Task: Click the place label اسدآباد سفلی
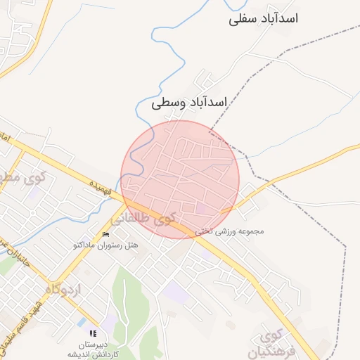click(x=263, y=19)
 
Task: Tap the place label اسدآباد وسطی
click(x=190, y=103)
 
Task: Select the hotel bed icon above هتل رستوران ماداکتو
click(x=105, y=234)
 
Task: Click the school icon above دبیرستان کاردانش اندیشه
click(x=93, y=333)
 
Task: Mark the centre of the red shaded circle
click(x=180, y=179)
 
